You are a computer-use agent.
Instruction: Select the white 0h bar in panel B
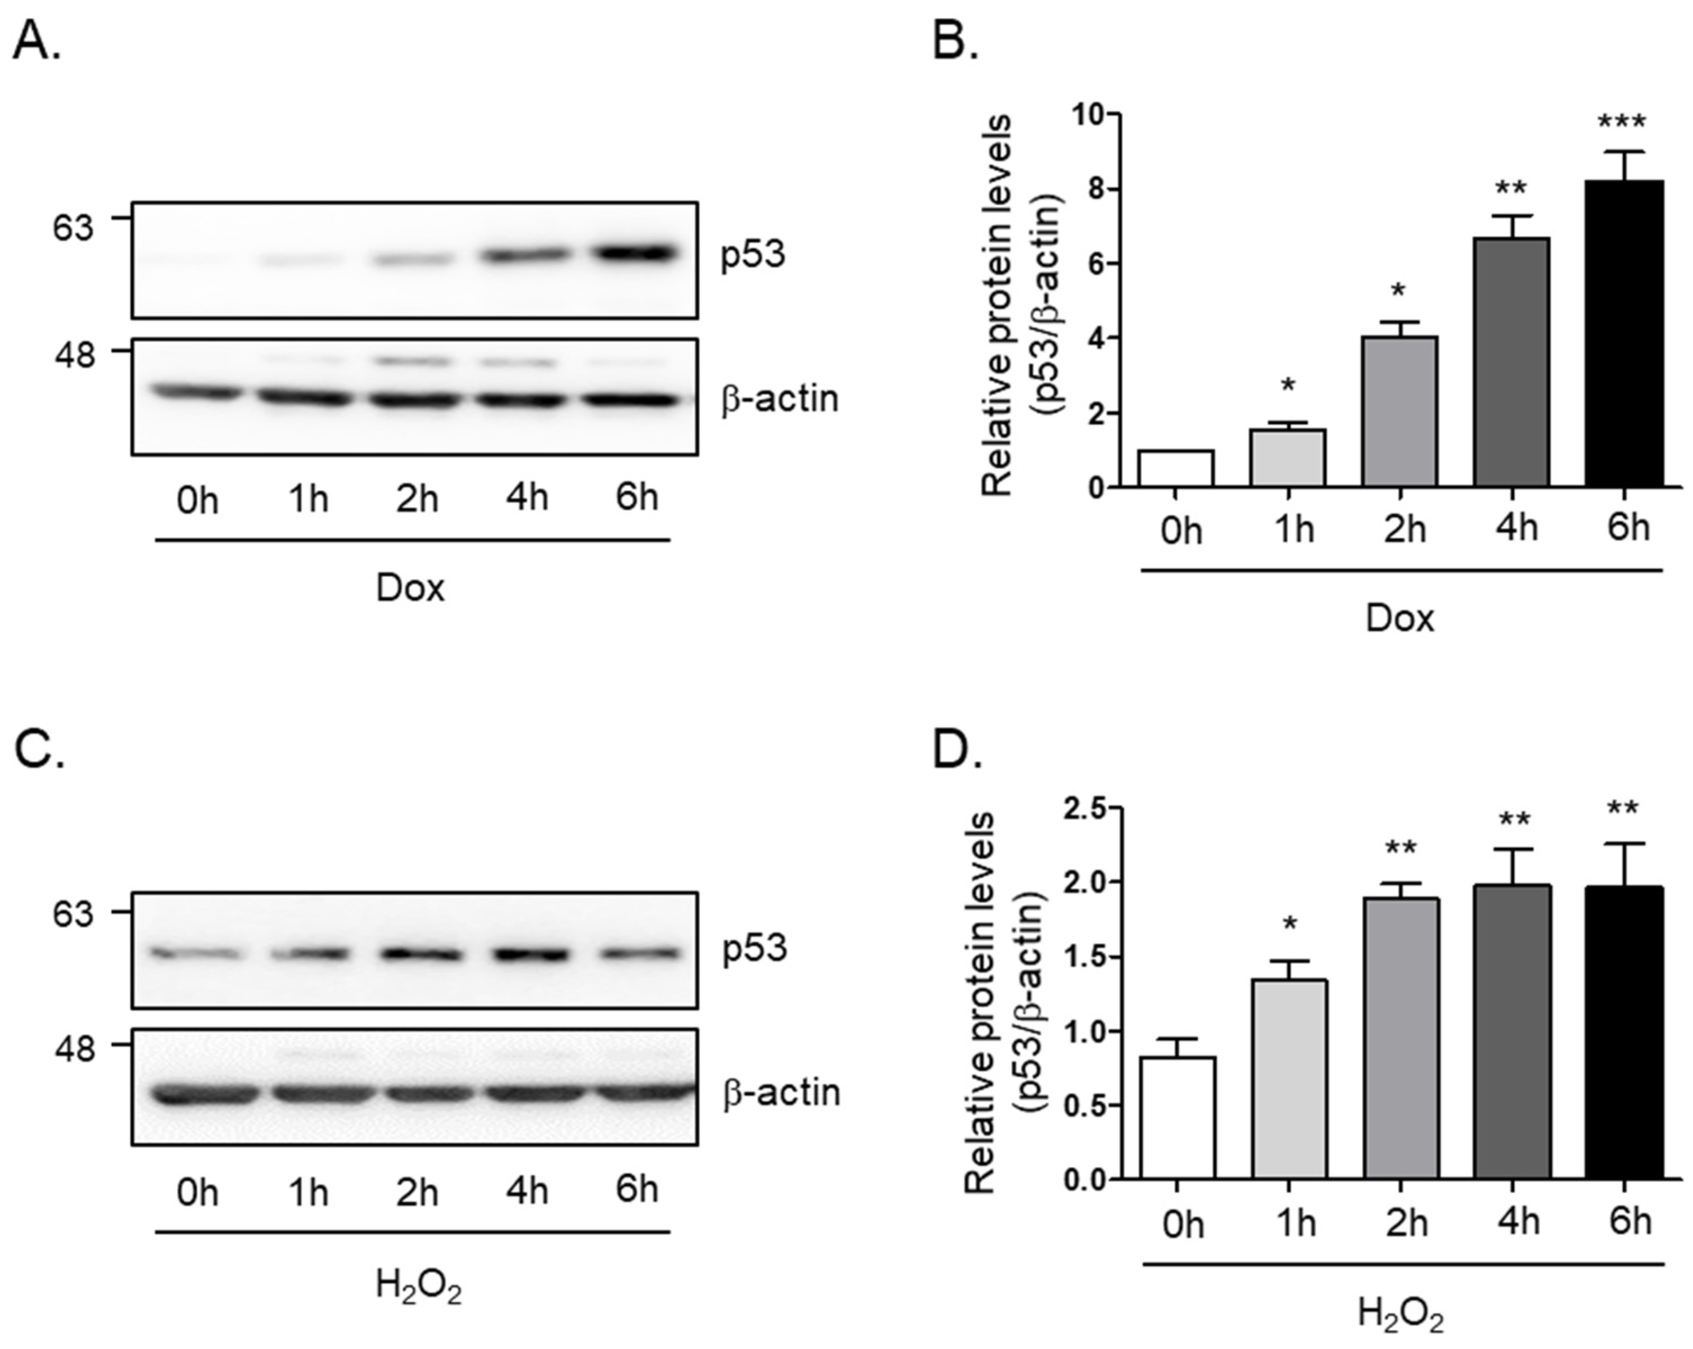(1175, 469)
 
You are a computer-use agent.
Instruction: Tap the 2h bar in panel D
(1401, 1037)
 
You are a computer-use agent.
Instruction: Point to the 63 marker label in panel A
(73, 227)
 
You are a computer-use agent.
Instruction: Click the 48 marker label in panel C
(74, 1049)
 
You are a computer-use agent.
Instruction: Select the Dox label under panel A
(410, 588)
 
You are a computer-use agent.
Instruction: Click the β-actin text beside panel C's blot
(781, 1092)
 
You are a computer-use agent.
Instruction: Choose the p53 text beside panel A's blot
(752, 255)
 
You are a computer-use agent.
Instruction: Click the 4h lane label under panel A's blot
(527, 497)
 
